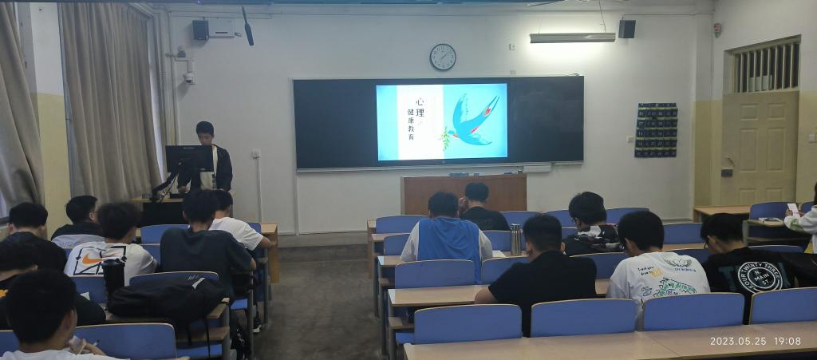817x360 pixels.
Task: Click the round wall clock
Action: coord(443,57)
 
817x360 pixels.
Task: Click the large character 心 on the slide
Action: coord(420,102)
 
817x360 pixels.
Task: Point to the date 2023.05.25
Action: coord(736,341)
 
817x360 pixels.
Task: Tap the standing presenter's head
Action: coord(205,132)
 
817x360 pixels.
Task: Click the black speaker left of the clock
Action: coord(199,30)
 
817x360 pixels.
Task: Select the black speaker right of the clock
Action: coord(627,29)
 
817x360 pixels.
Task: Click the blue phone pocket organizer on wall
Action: coord(656,129)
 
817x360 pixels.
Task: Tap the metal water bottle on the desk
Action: coord(515,239)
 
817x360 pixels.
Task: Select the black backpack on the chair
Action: coord(168,299)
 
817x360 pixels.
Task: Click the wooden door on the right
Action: coord(764,148)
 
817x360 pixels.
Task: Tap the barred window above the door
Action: coord(766,66)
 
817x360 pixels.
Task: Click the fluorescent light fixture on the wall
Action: coord(572,38)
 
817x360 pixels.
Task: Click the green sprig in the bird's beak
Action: coord(444,139)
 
